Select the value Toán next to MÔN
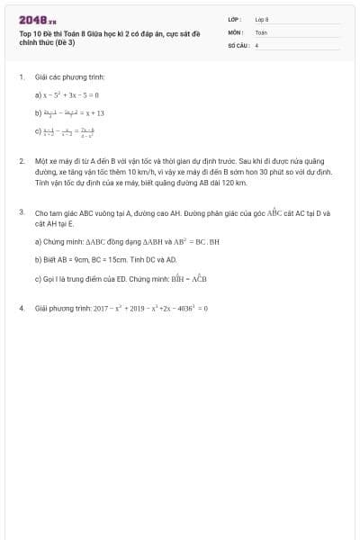coord(261,31)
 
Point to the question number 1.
coord(21,77)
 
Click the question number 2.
coord(21,161)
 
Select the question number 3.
coord(21,212)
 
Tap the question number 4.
coord(21,308)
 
